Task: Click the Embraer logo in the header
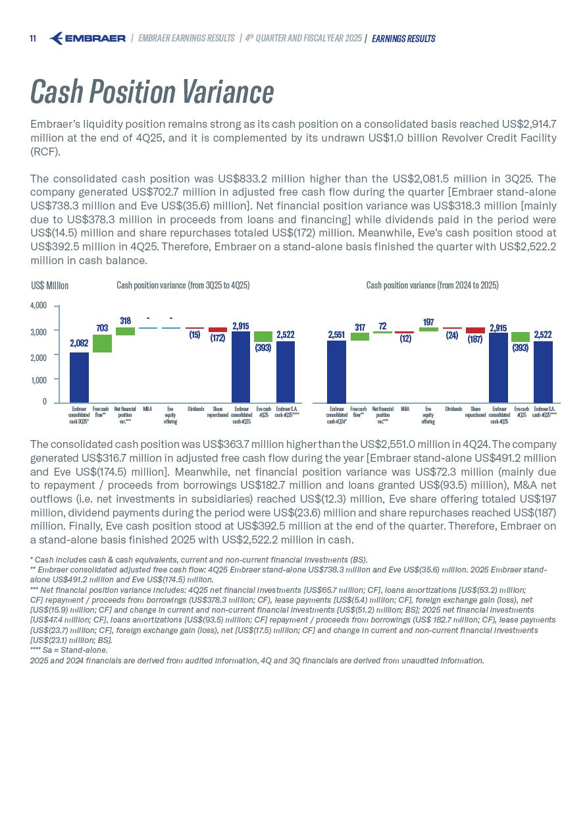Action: (x=88, y=38)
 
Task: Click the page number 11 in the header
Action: (x=33, y=39)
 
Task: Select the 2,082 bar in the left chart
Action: (x=79, y=377)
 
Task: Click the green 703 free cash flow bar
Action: (x=102, y=343)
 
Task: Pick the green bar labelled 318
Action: (x=125, y=331)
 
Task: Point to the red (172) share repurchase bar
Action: (x=218, y=329)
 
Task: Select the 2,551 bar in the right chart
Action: (x=336, y=371)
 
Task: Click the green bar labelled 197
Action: (x=428, y=329)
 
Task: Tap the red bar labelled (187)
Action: (x=475, y=330)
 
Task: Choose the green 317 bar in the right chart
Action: (x=360, y=337)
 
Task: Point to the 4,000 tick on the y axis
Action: (x=39, y=306)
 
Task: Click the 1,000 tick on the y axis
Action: (x=39, y=380)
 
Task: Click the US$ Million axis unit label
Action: (x=50, y=286)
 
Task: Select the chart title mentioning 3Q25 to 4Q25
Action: (x=183, y=285)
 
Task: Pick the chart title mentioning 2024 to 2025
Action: (x=432, y=285)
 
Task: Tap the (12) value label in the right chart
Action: (x=405, y=339)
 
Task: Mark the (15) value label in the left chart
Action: (x=195, y=335)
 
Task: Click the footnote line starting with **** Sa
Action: (x=68, y=650)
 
